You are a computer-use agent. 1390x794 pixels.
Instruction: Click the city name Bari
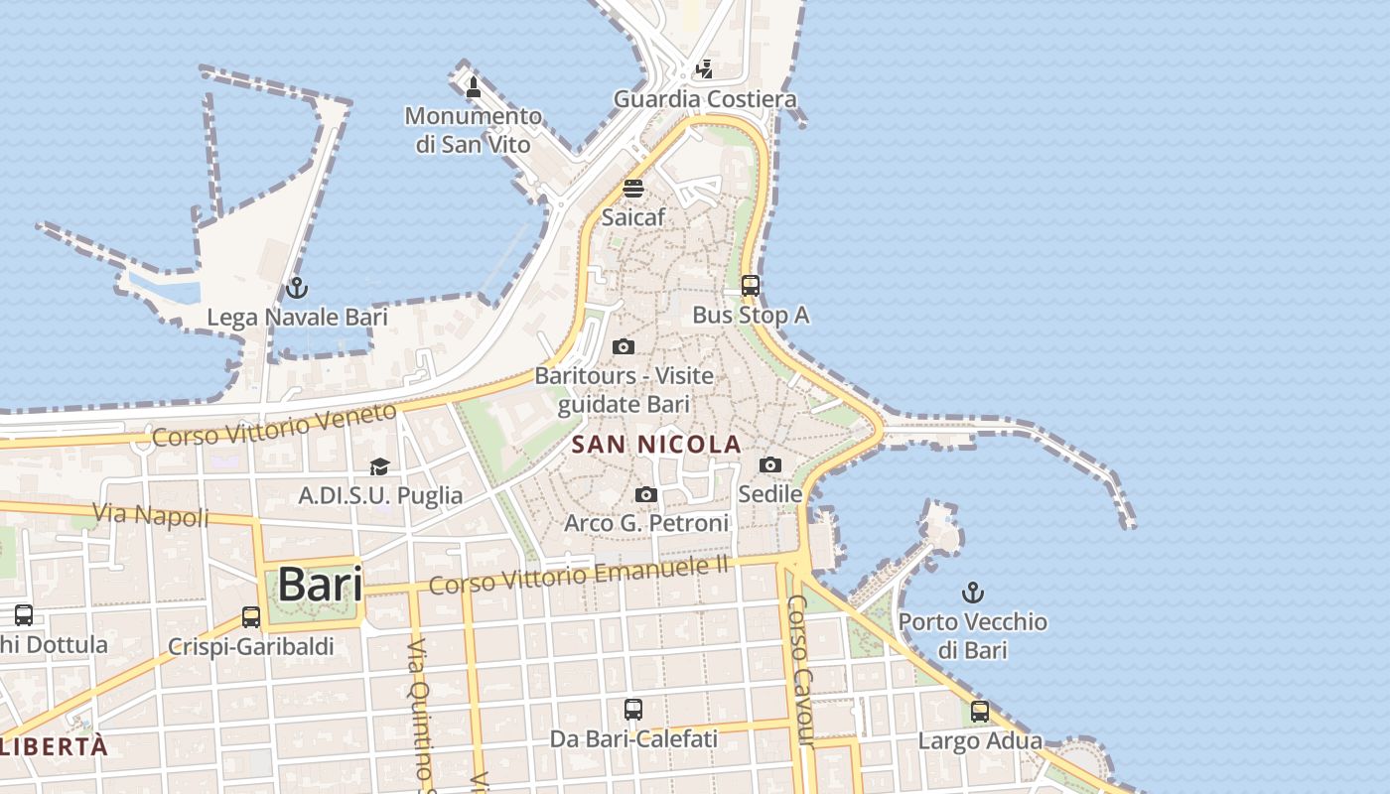320,585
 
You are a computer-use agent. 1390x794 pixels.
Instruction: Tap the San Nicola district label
657,444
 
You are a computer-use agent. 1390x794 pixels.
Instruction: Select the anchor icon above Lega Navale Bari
296,289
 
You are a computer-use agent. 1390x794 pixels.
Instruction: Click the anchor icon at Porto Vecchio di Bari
973,594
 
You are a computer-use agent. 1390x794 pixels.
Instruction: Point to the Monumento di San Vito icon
474,88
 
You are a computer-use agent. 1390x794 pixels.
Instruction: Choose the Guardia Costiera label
705,99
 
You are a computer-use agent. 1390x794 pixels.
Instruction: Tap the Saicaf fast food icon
633,189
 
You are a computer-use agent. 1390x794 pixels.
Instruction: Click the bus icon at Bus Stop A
751,286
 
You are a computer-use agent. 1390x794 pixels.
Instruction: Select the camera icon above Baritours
624,346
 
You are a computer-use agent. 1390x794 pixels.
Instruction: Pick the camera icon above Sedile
770,464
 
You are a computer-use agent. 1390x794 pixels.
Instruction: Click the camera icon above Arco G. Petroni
646,494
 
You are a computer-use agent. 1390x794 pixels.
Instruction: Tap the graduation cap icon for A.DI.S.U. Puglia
379,466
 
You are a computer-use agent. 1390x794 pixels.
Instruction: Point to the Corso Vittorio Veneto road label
274,425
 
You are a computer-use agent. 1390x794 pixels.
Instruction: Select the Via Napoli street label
151,515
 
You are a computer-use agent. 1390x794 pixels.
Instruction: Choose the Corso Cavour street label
800,671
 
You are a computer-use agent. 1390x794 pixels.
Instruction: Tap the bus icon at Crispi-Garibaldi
251,617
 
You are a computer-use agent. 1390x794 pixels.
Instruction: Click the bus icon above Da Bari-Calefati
633,710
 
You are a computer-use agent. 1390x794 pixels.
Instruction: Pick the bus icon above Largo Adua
980,712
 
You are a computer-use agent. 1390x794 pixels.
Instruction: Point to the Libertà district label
55,746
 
